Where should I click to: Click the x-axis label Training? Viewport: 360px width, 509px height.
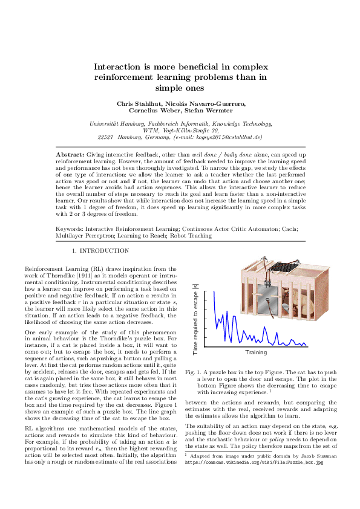coord(256,352)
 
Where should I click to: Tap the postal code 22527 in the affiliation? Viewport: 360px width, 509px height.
coord(106,137)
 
